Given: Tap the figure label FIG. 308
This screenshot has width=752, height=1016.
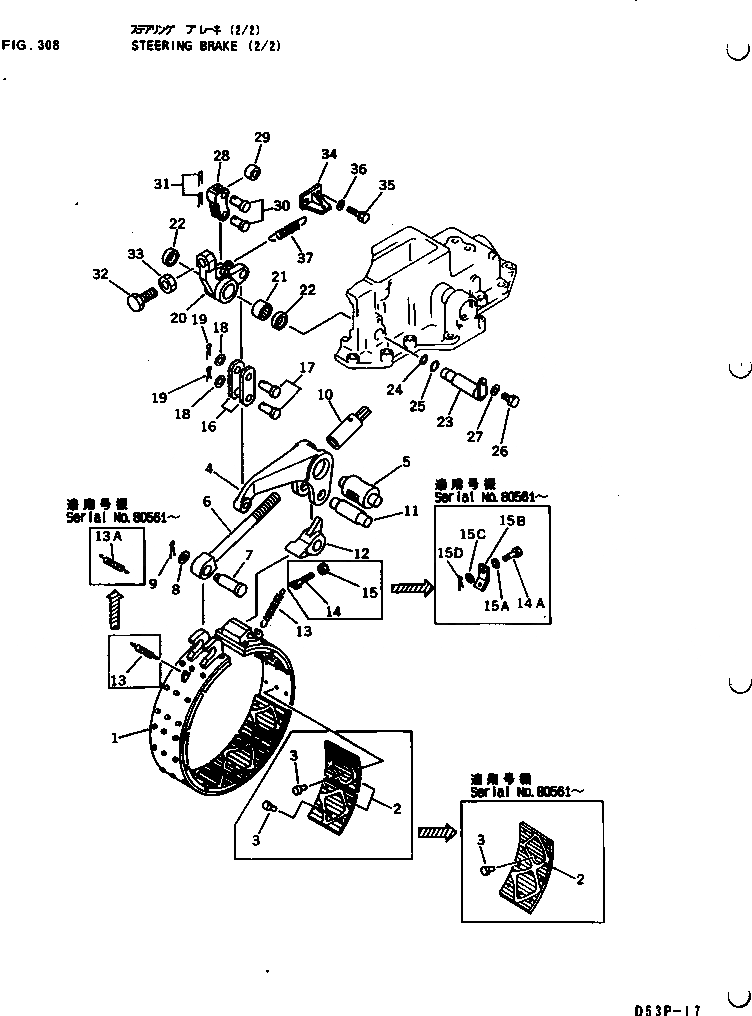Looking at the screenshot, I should click(31, 45).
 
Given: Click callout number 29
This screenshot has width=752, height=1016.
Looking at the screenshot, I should click(261, 138).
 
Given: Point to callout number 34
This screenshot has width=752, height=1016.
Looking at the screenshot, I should click(329, 154).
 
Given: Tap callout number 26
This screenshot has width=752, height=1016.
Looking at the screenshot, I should click(500, 451).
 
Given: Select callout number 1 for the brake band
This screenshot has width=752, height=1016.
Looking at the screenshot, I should click(116, 738).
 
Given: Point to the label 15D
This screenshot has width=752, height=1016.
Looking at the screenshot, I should click(446, 552).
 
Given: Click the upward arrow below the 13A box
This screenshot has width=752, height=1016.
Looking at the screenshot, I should click(114, 606).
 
